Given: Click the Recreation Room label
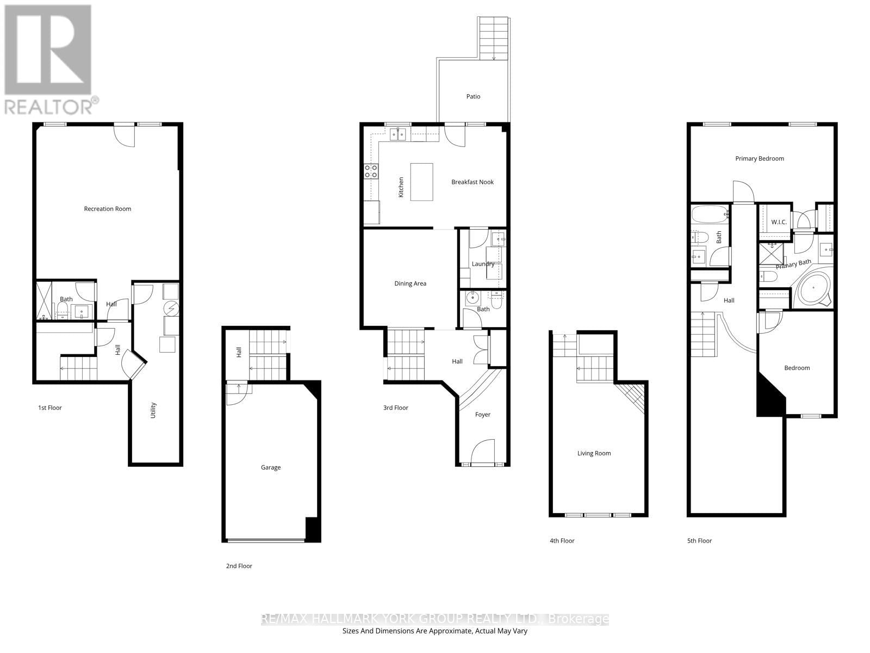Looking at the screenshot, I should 107,209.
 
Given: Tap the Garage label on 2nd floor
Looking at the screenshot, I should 271,467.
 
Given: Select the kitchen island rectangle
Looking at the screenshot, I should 421,182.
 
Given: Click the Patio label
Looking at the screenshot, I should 473,96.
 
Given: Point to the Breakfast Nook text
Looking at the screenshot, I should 472,182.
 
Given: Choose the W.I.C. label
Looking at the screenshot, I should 779,222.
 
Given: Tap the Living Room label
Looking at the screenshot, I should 594,453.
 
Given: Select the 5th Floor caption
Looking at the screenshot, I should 699,541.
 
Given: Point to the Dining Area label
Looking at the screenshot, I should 410,284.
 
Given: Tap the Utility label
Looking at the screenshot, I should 153,410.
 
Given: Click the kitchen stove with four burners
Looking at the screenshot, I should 371,171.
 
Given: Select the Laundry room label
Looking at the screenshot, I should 483,264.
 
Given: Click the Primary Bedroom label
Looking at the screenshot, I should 759,159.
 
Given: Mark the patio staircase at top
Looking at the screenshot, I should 494,38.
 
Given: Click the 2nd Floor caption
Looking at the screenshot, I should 239,566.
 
